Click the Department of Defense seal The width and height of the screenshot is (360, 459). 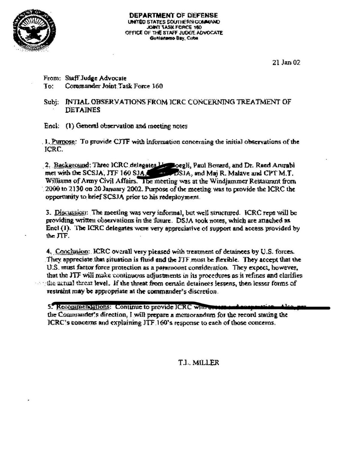pyautogui.click(x=34, y=30)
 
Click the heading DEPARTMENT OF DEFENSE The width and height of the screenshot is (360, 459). pyautogui.click(x=173, y=15)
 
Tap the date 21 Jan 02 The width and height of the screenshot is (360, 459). pyautogui.click(x=286, y=62)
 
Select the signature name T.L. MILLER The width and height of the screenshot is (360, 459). pyautogui.click(x=199, y=363)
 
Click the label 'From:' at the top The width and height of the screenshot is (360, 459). pyautogui.click(x=52, y=78)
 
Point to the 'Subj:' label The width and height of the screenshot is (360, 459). pyautogui.click(x=51, y=102)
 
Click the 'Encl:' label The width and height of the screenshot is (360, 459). pyautogui.click(x=51, y=126)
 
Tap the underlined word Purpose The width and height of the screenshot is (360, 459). pyautogui.click(x=63, y=142)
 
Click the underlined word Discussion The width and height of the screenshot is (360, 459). pyautogui.click(x=70, y=213)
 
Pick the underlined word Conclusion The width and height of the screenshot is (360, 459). pyautogui.click(x=72, y=252)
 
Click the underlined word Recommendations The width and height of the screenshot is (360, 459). pyautogui.click(x=83, y=307)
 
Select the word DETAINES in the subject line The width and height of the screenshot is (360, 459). pyautogui.click(x=83, y=110)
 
